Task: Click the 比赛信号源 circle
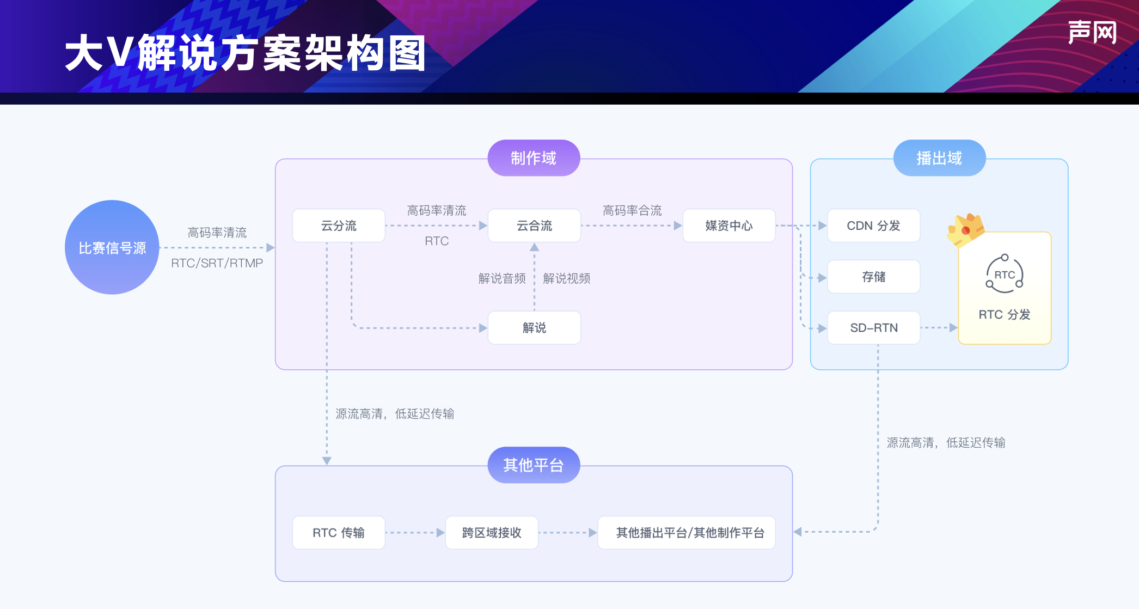112,247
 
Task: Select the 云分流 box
338,226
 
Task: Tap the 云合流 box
534,226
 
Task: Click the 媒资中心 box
728,226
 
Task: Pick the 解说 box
534,327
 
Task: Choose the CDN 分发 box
873,226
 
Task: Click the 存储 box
873,277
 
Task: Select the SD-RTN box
873,327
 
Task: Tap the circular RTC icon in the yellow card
1005,274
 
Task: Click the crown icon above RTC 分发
965,229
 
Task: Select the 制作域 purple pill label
534,158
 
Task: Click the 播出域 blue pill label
939,158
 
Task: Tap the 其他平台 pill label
534,465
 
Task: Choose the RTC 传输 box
338,532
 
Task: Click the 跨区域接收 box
491,532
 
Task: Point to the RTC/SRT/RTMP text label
217,263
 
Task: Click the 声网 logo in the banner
1092,33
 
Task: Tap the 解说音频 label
501,278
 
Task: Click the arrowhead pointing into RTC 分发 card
953,327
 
